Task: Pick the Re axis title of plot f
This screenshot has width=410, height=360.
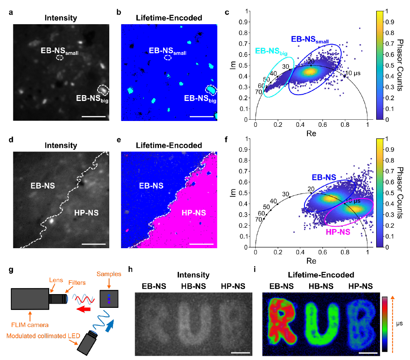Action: [311, 261]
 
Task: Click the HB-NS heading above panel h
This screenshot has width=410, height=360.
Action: [192, 286]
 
